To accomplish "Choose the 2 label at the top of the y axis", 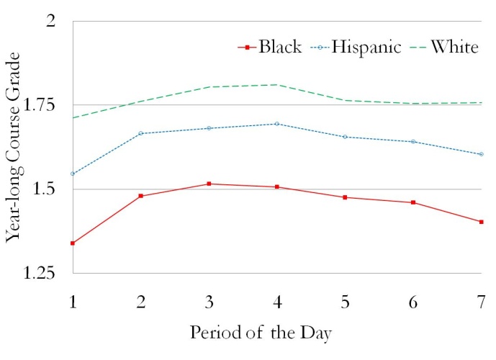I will coord(50,22).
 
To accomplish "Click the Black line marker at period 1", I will coord(73,243).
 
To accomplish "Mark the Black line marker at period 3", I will coord(209,184).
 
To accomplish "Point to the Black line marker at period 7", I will coord(481,222).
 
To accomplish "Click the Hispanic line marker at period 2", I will coord(140,133).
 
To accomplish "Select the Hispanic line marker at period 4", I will coord(276,124).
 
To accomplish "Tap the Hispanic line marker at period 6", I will coord(413,142).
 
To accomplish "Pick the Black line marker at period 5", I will coord(345,197).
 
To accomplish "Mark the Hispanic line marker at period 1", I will coord(73,174).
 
